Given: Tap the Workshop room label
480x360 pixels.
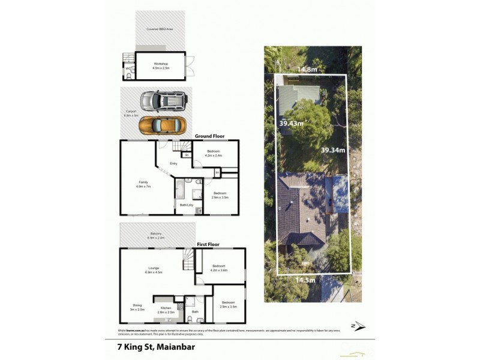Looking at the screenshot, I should point(160,65).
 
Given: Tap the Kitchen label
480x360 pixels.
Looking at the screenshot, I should point(166,310).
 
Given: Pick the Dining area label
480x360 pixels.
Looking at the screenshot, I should point(137,307).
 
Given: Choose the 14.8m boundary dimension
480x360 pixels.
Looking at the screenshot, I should point(307,69).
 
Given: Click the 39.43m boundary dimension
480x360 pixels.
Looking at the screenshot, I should point(292,123).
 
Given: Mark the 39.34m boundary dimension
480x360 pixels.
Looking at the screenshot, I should point(333,150).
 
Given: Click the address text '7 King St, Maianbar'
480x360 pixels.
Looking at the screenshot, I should point(155,346).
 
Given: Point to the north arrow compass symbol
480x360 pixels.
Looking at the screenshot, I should point(359,326).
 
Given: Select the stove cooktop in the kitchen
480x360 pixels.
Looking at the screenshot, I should point(179,305).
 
